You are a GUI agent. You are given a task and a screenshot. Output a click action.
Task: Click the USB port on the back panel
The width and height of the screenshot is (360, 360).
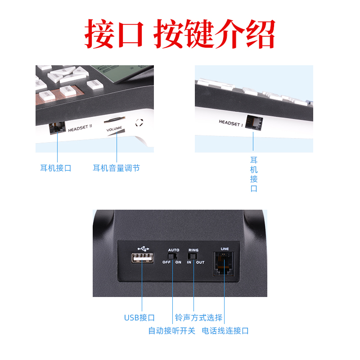(142, 257)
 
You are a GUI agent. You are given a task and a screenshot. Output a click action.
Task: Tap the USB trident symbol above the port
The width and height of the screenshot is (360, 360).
(143, 248)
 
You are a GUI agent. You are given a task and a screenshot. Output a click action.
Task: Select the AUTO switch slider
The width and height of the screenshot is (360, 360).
(172, 256)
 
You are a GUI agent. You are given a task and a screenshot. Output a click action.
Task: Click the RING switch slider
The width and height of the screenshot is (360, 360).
(193, 256)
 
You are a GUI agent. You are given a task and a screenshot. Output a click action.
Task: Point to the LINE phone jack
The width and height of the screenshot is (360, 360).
(224, 263)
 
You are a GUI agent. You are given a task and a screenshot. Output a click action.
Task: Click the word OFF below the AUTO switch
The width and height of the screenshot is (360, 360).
(166, 262)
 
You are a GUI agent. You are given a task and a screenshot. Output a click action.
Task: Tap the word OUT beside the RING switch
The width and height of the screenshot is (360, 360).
(200, 262)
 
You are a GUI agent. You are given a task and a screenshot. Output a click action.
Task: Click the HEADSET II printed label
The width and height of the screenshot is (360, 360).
(80, 128)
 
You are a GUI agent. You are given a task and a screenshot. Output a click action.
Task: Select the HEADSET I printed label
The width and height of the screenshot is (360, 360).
(231, 123)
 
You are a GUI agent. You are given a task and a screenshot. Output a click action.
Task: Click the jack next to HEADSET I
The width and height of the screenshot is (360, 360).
(254, 122)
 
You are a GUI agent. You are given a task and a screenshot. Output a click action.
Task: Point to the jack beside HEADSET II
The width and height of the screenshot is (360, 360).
(57, 128)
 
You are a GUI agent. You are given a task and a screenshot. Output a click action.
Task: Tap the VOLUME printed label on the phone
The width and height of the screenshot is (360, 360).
(114, 129)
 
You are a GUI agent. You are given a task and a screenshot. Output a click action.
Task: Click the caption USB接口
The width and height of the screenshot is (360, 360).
(139, 318)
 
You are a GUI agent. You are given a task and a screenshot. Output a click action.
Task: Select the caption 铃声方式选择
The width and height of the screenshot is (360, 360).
(198, 318)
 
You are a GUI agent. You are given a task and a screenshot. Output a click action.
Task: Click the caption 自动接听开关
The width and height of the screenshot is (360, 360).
(172, 331)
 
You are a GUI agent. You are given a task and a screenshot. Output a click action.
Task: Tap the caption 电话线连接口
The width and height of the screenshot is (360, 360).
(225, 331)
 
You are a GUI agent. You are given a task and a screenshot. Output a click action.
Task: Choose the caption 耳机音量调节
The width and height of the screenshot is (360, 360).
(116, 168)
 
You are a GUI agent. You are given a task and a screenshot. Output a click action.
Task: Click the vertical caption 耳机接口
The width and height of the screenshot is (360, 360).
(254, 174)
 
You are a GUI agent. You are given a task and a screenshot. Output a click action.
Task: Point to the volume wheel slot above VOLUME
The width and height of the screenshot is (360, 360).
(115, 119)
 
